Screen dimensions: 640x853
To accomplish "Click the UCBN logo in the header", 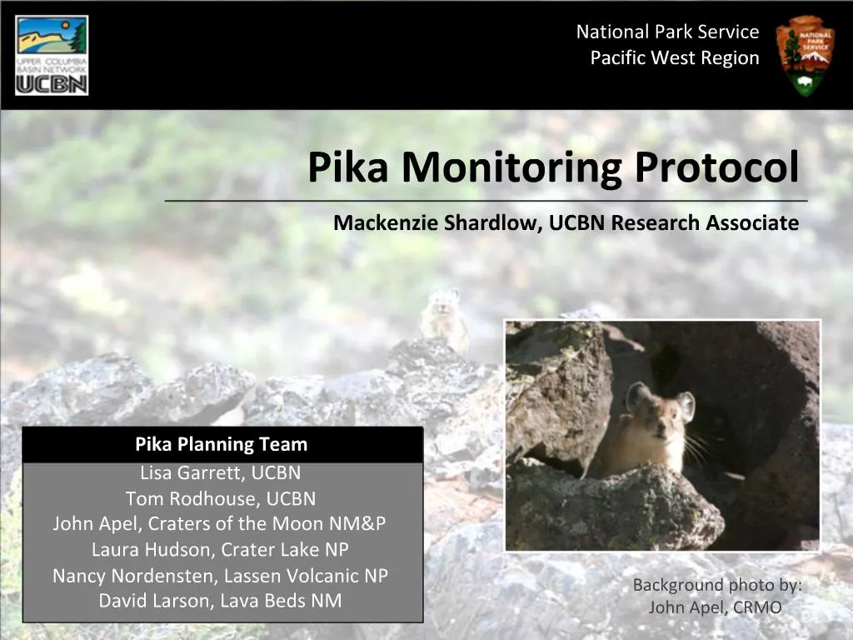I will [52, 55].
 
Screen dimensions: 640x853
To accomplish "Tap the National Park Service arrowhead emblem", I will [805, 55].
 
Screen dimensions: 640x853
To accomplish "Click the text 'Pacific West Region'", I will [675, 58].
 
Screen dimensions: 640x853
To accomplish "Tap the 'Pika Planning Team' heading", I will [222, 445].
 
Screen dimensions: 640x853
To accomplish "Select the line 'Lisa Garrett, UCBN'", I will [221, 473].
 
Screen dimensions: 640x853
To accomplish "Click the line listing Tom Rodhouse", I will [221, 498].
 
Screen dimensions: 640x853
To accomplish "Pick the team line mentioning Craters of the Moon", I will [220, 524].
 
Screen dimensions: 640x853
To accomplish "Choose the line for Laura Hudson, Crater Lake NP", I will [220, 550].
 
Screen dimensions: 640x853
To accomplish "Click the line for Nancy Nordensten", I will [220, 576].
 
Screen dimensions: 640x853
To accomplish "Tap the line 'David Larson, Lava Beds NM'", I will [220, 600].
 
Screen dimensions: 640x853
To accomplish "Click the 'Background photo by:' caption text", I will [717, 585].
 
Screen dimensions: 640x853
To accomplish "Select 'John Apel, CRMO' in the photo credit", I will [715, 607].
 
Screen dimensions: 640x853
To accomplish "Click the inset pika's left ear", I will [637, 396].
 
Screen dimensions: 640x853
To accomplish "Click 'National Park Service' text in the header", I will [667, 32].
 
